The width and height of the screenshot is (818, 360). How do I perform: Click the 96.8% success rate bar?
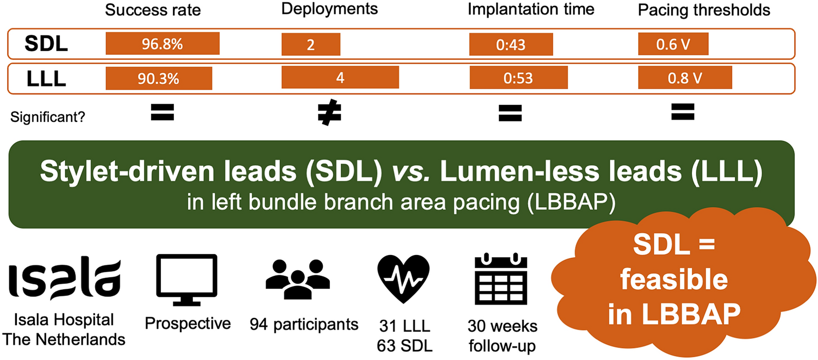[x=162, y=44]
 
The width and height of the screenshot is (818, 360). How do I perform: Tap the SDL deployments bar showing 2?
[x=310, y=44]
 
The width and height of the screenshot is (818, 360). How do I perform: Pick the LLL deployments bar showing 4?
[x=340, y=77]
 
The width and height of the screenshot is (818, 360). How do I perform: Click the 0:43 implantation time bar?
[x=511, y=44]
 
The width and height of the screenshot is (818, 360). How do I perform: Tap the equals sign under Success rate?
[x=162, y=112]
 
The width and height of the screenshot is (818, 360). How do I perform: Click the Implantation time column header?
[x=531, y=9]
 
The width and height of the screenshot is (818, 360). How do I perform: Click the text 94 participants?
[x=304, y=325]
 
